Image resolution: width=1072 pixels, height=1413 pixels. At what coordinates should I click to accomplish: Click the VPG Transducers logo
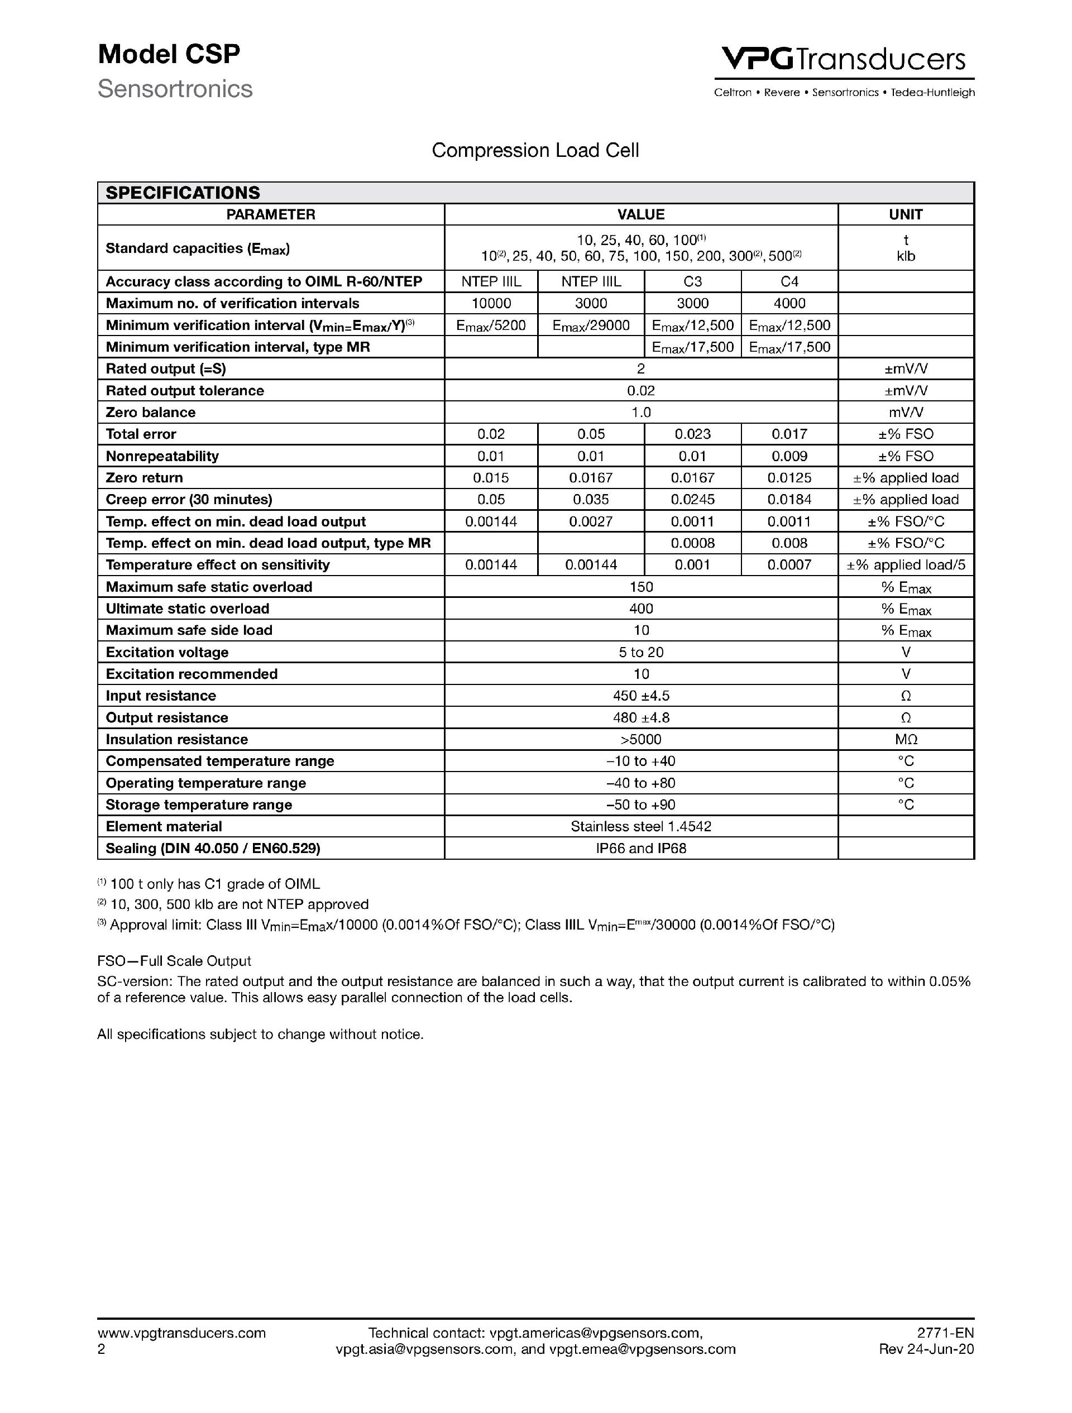843,60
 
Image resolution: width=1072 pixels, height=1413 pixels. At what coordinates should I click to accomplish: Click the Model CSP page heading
169,54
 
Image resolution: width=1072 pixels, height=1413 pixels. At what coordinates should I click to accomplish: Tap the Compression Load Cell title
535,150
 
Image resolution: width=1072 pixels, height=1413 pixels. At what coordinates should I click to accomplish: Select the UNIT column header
905,214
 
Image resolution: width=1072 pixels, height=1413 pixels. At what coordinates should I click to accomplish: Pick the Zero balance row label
151,413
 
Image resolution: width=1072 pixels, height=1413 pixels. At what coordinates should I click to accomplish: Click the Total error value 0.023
692,434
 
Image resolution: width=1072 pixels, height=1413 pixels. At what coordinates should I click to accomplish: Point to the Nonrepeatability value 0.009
789,456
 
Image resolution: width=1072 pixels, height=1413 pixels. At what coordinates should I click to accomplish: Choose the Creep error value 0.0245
692,500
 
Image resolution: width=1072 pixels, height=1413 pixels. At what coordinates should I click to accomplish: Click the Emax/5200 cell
491,326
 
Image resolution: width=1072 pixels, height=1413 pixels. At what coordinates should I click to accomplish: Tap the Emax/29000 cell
591,326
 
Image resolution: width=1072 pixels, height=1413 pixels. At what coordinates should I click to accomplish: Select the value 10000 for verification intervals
491,304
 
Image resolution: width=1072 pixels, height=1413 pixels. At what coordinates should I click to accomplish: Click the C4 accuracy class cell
789,282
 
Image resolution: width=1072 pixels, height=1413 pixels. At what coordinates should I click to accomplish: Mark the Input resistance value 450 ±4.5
641,696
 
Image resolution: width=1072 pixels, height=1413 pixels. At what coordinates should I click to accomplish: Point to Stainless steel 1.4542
641,827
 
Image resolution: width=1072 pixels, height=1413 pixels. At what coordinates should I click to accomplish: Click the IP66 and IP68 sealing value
641,849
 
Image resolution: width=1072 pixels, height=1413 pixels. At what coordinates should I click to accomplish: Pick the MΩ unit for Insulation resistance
905,740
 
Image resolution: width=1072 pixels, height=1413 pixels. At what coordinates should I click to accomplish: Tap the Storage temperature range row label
199,805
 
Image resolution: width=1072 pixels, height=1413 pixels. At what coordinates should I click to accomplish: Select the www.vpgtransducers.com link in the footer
181,1333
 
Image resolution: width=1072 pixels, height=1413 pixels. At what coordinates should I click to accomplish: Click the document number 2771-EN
945,1333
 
